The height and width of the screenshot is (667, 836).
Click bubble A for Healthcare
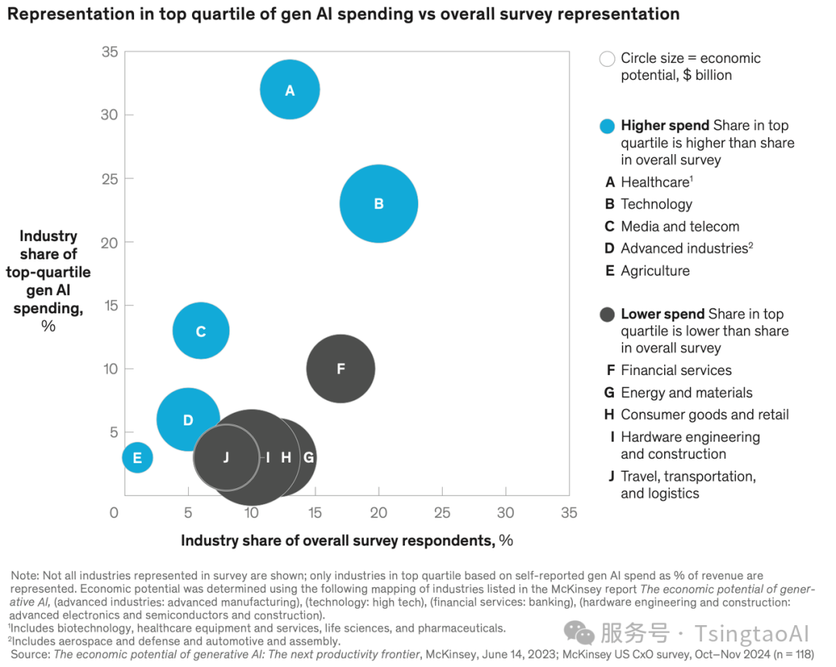pyautogui.click(x=290, y=90)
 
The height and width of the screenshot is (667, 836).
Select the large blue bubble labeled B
pyautogui.click(x=379, y=204)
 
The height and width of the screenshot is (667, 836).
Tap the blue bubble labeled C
pyautogui.click(x=200, y=332)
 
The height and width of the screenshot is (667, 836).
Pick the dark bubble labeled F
pyautogui.click(x=341, y=369)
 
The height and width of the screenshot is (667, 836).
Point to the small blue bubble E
pyautogui.click(x=137, y=458)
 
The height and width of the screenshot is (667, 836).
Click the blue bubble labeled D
pyautogui.click(x=188, y=420)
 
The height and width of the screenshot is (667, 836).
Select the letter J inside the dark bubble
pyautogui.click(x=226, y=457)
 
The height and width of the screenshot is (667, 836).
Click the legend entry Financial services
pyautogui.click(x=676, y=370)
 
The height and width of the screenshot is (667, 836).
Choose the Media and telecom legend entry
pyautogui.click(x=680, y=226)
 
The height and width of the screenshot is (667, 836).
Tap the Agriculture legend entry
pyautogui.click(x=655, y=270)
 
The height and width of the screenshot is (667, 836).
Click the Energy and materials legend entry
pyautogui.click(x=686, y=393)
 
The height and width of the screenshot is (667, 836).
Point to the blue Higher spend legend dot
pyautogui.click(x=608, y=126)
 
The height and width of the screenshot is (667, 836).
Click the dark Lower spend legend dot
pyautogui.click(x=608, y=315)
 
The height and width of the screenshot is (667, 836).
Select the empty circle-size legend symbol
pyautogui.click(x=608, y=59)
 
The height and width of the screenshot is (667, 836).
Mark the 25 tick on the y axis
pyautogui.click(x=109, y=179)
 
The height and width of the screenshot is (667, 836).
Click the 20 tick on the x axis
pyautogui.click(x=379, y=513)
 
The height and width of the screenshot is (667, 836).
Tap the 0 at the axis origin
pyautogui.click(x=114, y=513)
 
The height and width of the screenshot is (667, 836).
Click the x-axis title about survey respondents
pyautogui.click(x=347, y=540)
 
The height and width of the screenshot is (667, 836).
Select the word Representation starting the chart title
pyautogui.click(x=63, y=14)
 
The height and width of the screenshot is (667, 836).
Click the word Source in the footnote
pyautogui.click(x=29, y=654)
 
